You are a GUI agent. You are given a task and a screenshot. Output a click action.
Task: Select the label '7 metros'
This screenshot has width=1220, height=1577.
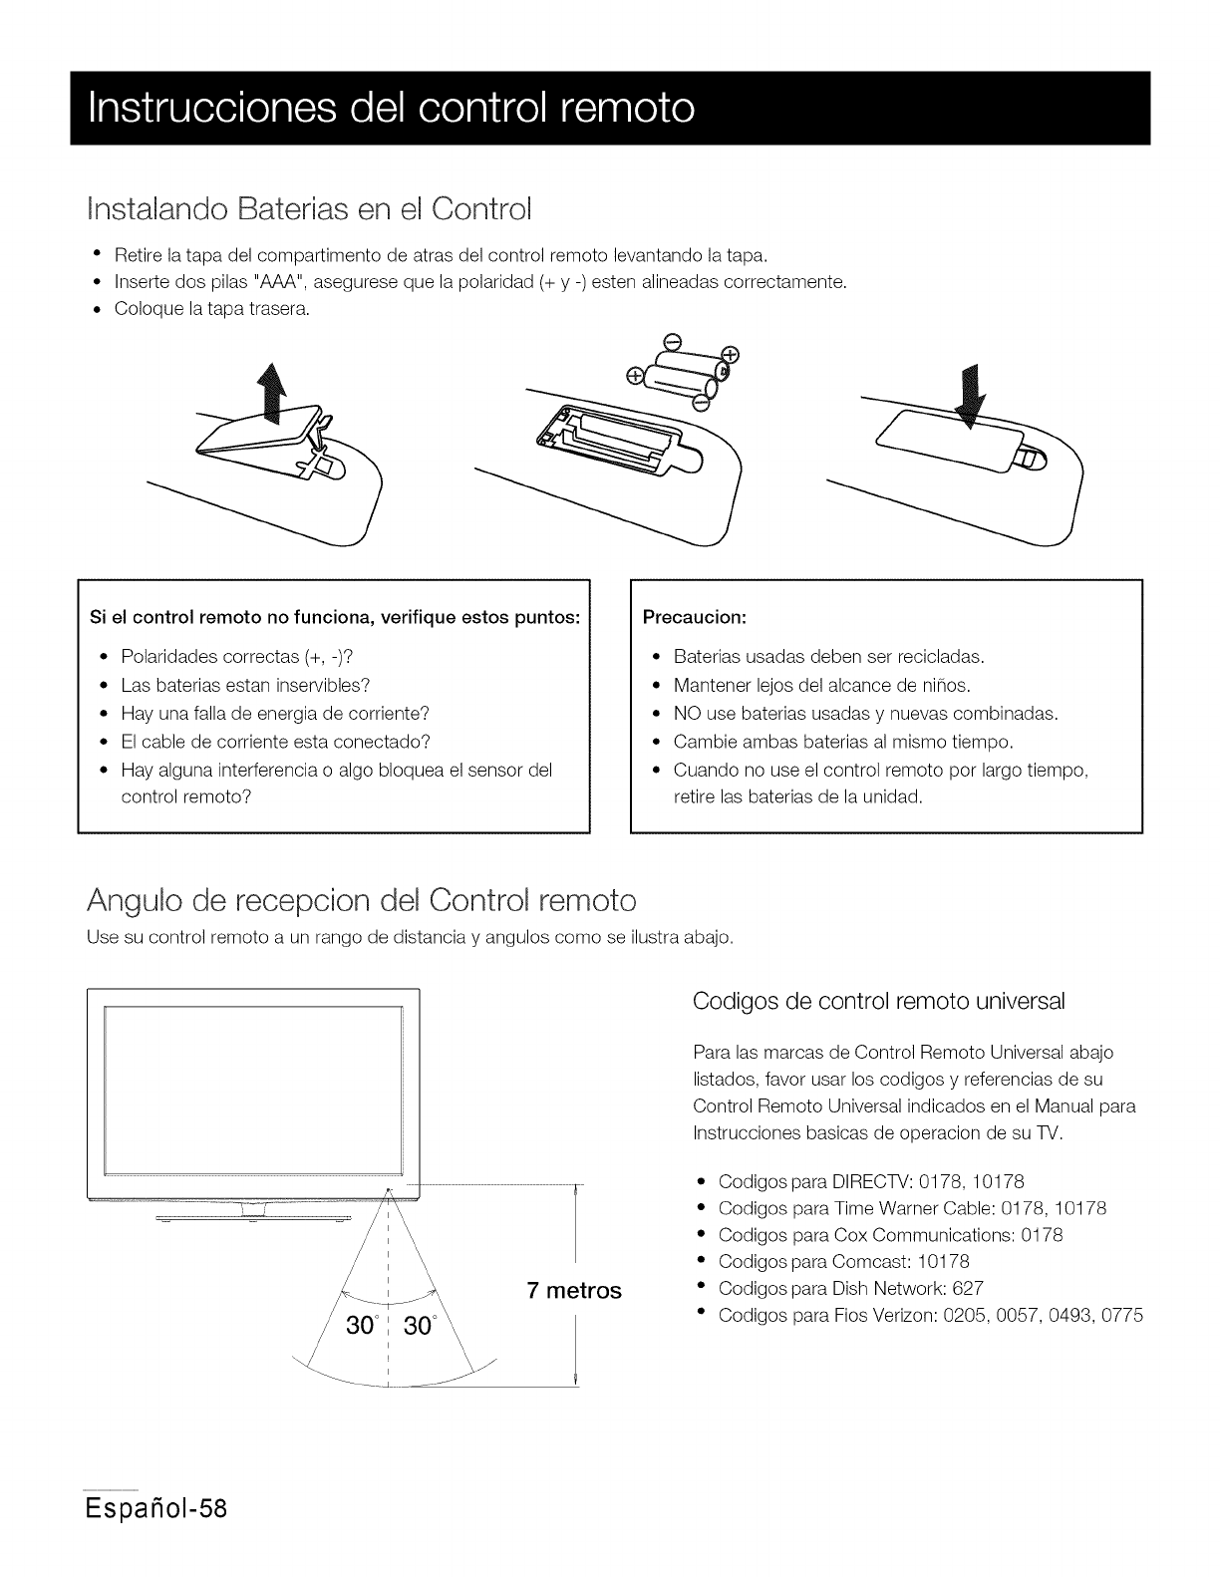[x=573, y=1291]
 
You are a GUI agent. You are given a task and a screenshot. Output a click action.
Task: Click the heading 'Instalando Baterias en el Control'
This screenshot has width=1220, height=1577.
[x=309, y=210]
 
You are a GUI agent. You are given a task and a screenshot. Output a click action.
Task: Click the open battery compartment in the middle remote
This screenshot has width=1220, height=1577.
[x=608, y=438]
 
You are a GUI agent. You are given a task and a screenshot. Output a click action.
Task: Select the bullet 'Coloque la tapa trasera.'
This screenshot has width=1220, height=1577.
[x=212, y=309]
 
